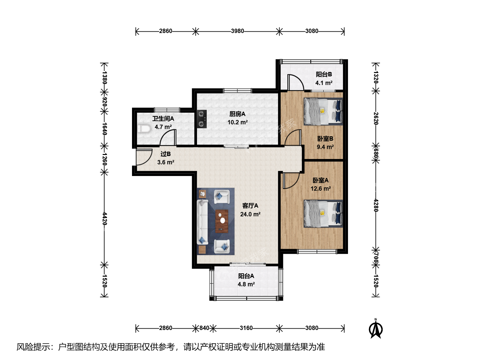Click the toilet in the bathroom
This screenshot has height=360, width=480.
coord(144,129)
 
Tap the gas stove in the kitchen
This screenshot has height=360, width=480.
coord(202,119)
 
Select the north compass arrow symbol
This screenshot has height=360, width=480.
coord(375,329)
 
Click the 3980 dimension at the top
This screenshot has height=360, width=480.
coord(237,31)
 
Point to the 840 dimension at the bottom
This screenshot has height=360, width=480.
coord(204,328)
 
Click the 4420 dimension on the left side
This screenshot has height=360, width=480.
coord(105,219)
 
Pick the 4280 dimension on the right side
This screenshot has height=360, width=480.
coord(376,205)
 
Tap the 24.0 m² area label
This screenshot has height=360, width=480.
coord(250,214)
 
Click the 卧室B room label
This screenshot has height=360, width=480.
coord(325,139)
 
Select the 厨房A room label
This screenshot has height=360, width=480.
coord(237,114)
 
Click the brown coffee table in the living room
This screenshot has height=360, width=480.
coord(222,221)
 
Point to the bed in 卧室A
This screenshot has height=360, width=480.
coord(323,214)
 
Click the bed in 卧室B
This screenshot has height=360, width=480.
coord(323,111)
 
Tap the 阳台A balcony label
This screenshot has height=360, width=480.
coord(246,276)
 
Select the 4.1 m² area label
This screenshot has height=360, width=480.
coord(324,83)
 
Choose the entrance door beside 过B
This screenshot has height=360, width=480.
coord(144,157)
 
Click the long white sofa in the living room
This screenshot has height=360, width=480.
coord(202,222)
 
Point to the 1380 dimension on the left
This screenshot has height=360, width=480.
coord(105,78)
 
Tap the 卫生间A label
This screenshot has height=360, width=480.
coord(163,119)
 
